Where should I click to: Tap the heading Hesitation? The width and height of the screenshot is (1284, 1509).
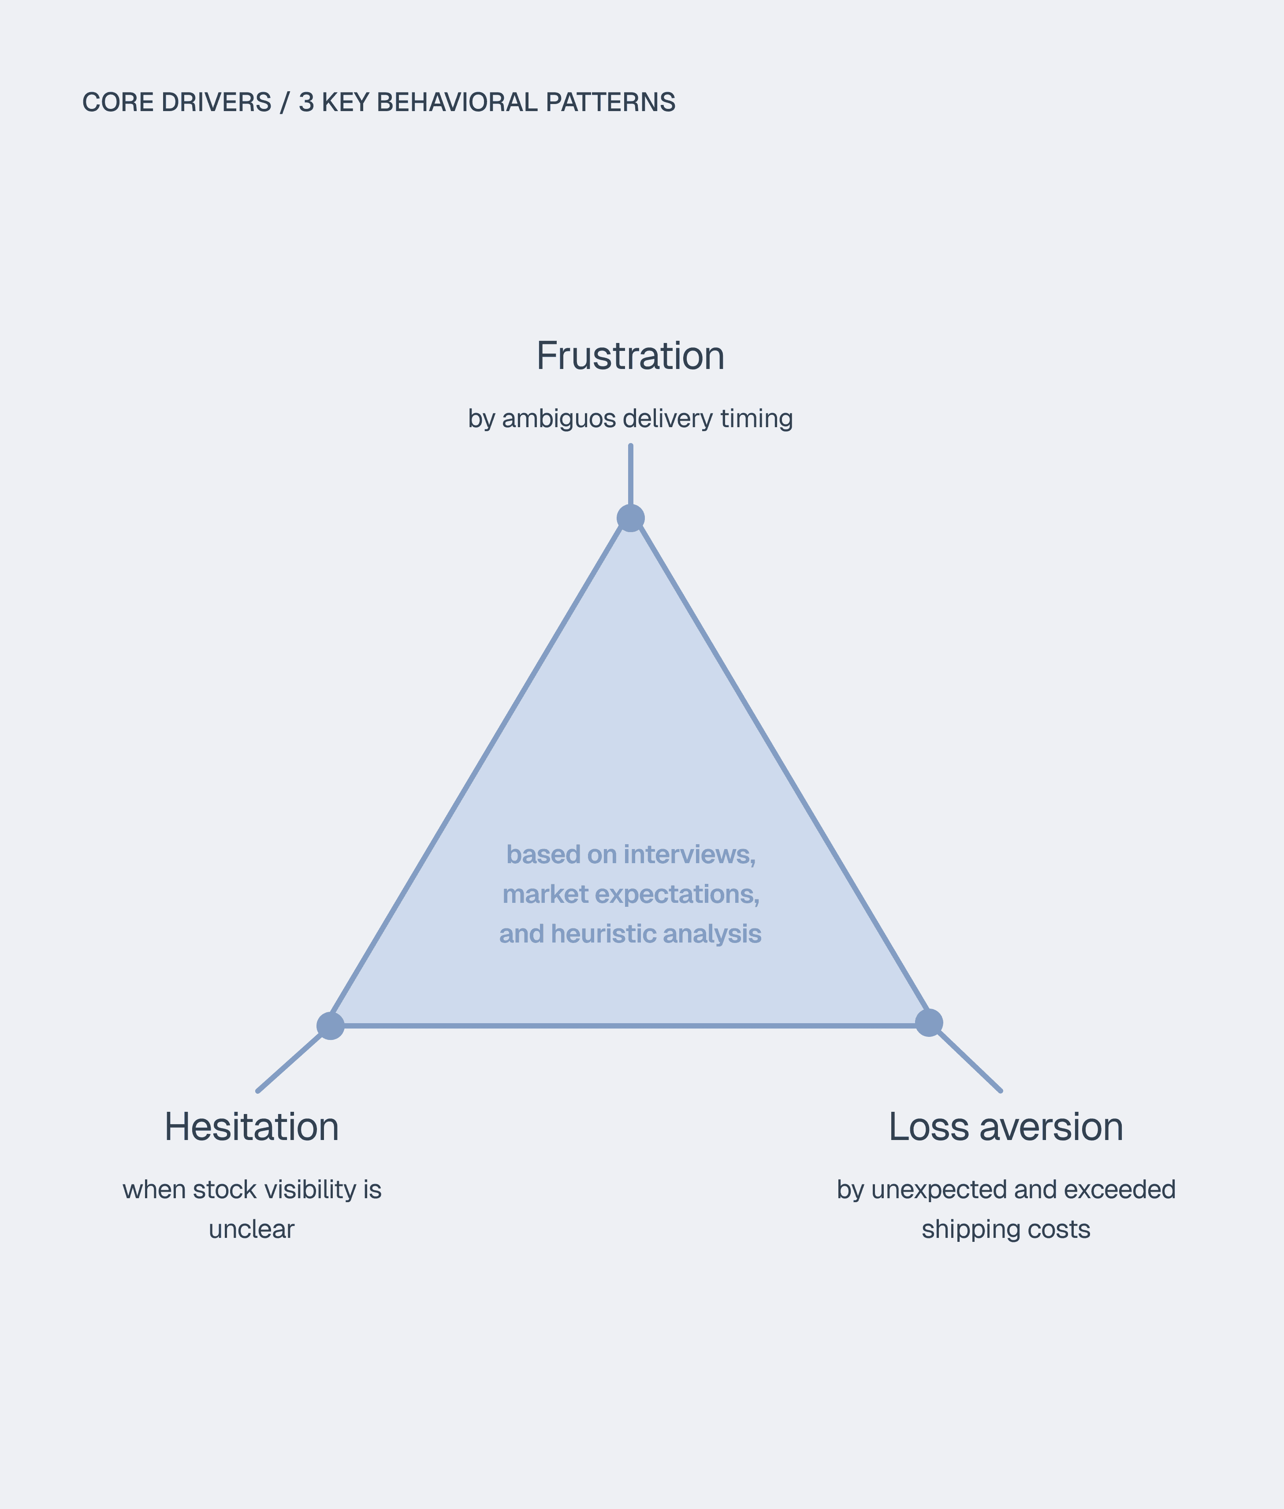[251, 1127]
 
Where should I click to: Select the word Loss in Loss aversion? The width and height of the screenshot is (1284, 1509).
[928, 1127]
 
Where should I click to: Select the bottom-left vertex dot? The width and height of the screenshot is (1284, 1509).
[331, 1026]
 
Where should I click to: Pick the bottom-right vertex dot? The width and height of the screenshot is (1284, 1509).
[929, 1022]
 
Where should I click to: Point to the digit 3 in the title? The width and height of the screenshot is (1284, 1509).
[306, 103]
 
